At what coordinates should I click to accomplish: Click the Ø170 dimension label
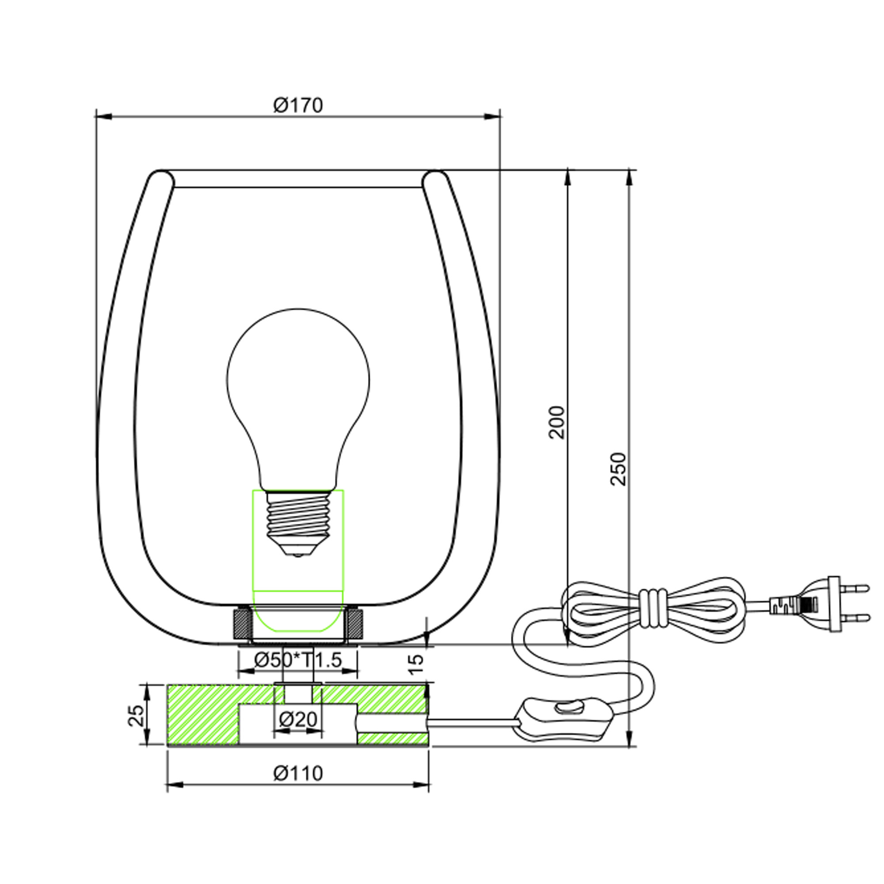(298, 105)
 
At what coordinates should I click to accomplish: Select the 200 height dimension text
(557, 422)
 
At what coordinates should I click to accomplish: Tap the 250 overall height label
(618, 469)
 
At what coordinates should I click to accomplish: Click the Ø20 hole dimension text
(298, 720)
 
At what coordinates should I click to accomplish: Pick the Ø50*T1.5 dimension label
(298, 660)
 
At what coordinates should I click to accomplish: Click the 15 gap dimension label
(416, 664)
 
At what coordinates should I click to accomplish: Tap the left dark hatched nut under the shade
(242, 624)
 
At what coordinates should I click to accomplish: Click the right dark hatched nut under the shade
(354, 624)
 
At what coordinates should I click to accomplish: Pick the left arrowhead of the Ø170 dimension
(103, 117)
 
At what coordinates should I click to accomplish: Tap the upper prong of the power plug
(855, 587)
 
